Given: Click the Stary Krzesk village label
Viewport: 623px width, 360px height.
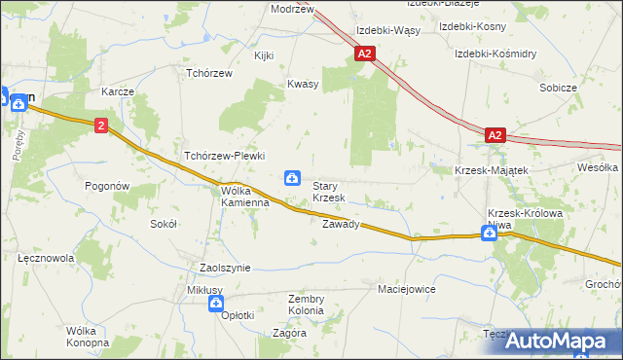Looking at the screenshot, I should (328, 192).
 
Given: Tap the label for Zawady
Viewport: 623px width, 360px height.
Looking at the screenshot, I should (341, 224).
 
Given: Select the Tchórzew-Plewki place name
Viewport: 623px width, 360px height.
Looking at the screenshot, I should (225, 156).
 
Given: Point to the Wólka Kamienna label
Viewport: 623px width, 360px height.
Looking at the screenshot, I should (244, 197).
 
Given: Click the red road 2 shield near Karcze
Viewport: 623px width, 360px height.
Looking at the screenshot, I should (101, 126).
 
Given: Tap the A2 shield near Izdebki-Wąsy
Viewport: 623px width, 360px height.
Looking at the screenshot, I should (365, 55).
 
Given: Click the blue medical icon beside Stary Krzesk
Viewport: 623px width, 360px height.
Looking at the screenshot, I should (291, 177).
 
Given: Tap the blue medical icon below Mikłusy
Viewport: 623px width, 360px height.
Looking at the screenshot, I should (215, 305).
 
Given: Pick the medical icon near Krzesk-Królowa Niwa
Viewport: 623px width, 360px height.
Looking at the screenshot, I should (488, 233).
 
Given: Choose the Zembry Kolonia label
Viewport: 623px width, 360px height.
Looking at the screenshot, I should (306, 305).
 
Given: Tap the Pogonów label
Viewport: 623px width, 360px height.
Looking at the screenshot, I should (107, 186).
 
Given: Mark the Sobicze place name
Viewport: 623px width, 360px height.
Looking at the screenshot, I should (558, 88).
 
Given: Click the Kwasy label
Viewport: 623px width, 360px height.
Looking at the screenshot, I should (303, 85).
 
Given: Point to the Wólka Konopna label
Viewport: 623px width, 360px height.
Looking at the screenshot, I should (87, 337).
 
